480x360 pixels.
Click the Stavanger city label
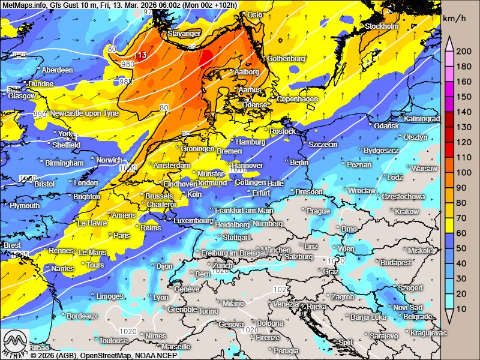[183, 34]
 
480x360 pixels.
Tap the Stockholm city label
[382, 26]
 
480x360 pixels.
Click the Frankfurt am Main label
[244, 211]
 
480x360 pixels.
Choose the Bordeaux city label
[82, 316]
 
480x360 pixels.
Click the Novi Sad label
[408, 307]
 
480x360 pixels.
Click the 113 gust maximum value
[141, 56]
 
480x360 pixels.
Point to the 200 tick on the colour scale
[463, 52]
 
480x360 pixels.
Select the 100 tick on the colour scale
[463, 173]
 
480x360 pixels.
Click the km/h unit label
[455, 19]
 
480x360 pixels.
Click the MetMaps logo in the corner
[15, 343]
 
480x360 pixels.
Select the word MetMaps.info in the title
[25, 5]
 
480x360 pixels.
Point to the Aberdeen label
[57, 70]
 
